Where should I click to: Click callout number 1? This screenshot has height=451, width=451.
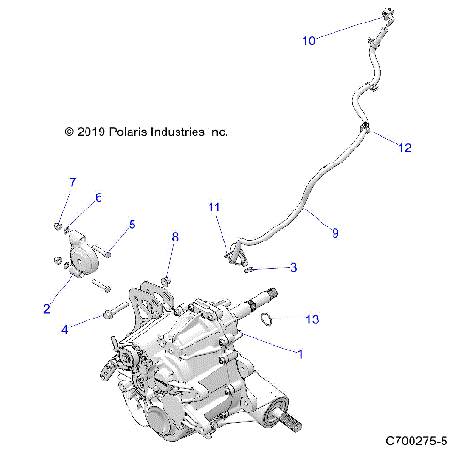coord(299,354)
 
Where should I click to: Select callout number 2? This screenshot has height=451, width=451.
coord(45,307)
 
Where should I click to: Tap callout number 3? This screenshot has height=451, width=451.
coord(293,268)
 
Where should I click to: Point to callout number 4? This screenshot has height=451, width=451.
coord(64,330)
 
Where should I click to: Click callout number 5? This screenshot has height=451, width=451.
coord(132,225)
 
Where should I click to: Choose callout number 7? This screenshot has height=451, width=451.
coord(72,181)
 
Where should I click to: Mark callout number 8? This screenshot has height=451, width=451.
coord(174,239)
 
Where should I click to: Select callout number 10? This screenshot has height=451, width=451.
coord(309,40)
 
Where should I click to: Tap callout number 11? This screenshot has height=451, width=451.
coord(214,207)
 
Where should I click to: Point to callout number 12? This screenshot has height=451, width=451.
coord(404,148)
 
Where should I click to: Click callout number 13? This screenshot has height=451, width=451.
coord(313,320)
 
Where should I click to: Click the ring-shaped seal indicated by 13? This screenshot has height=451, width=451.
coord(266,318)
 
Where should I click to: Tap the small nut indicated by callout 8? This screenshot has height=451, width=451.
coord(165,281)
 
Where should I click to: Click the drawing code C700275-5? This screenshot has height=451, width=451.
coord(416,439)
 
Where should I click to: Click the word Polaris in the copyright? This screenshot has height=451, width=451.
coord(131,132)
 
